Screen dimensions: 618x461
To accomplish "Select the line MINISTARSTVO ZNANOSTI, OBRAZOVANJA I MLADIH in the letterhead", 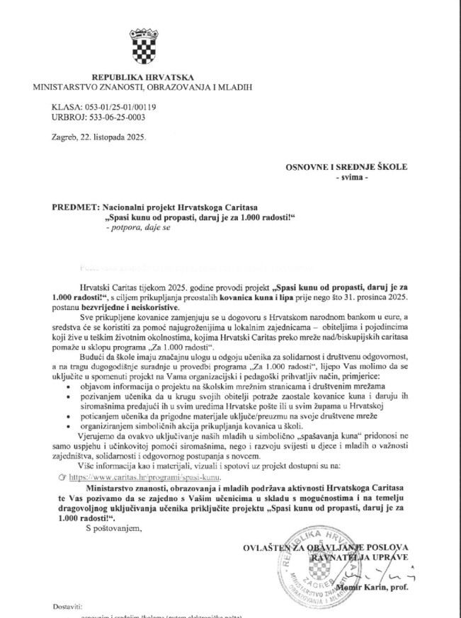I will [x=142, y=86].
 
